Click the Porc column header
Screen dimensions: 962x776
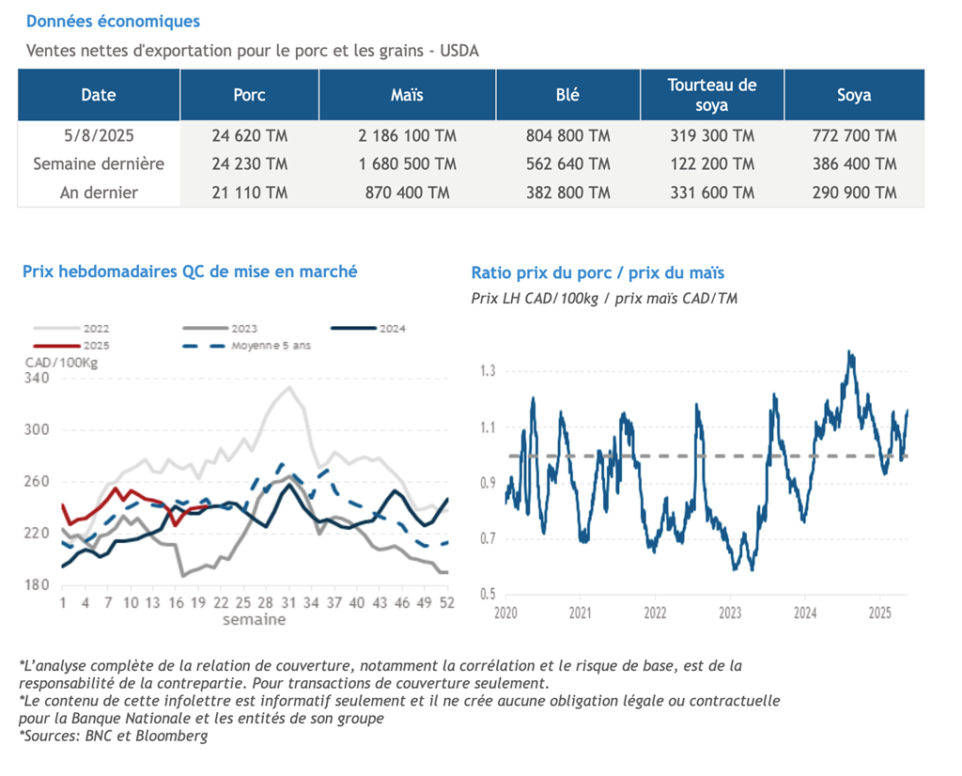pos(249,95)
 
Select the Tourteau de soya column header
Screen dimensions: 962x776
pos(712,95)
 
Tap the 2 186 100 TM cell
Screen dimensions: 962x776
pos(408,135)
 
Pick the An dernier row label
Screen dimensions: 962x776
pos(99,193)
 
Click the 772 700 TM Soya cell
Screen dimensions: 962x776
pos(854,135)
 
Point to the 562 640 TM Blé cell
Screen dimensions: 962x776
pos(568,163)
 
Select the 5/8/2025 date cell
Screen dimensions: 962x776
pos(99,135)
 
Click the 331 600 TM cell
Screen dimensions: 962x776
pos(712,193)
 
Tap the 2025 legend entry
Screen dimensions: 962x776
pos(71,346)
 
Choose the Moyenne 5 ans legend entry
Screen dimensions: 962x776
pos(247,346)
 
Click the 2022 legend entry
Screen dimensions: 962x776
pos(71,329)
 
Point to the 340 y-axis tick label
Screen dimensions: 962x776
pos(37,378)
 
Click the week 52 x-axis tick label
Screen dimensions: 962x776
pos(447,602)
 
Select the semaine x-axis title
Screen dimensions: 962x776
pos(254,619)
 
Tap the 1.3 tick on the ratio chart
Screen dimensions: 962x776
pos(488,370)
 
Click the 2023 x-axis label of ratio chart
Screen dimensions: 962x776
pos(730,613)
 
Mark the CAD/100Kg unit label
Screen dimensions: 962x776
pos(61,363)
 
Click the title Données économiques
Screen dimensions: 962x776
pos(113,22)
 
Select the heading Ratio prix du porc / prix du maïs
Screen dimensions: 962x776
pos(597,272)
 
